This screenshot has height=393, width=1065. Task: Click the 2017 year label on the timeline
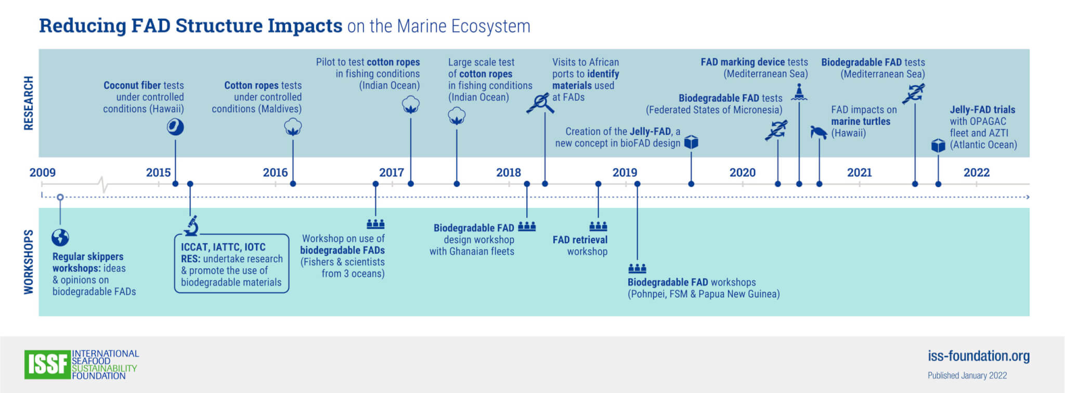click(x=391, y=173)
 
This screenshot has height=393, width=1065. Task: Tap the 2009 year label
click(x=42, y=173)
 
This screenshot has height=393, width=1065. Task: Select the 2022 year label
click(x=976, y=173)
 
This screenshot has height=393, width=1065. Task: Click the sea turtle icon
click(x=819, y=132)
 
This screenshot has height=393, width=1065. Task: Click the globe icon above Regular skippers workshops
click(x=60, y=238)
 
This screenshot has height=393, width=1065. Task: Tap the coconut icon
click(x=175, y=127)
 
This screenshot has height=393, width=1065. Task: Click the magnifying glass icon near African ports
click(x=540, y=103)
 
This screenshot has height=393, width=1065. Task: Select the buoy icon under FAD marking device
click(x=799, y=92)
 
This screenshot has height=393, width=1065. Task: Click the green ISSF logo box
click(x=47, y=364)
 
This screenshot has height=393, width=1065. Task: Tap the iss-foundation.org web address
click(x=978, y=356)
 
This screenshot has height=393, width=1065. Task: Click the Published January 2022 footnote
click(x=967, y=375)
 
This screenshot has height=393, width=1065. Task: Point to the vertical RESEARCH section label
click(x=29, y=103)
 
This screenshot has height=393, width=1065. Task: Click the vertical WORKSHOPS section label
click(x=29, y=262)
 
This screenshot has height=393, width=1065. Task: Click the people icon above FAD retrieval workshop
click(x=598, y=226)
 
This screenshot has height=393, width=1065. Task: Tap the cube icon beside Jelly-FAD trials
click(x=938, y=145)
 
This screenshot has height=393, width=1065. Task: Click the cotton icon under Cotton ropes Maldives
click(x=293, y=127)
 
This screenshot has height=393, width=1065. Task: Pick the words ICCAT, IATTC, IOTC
click(x=223, y=247)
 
